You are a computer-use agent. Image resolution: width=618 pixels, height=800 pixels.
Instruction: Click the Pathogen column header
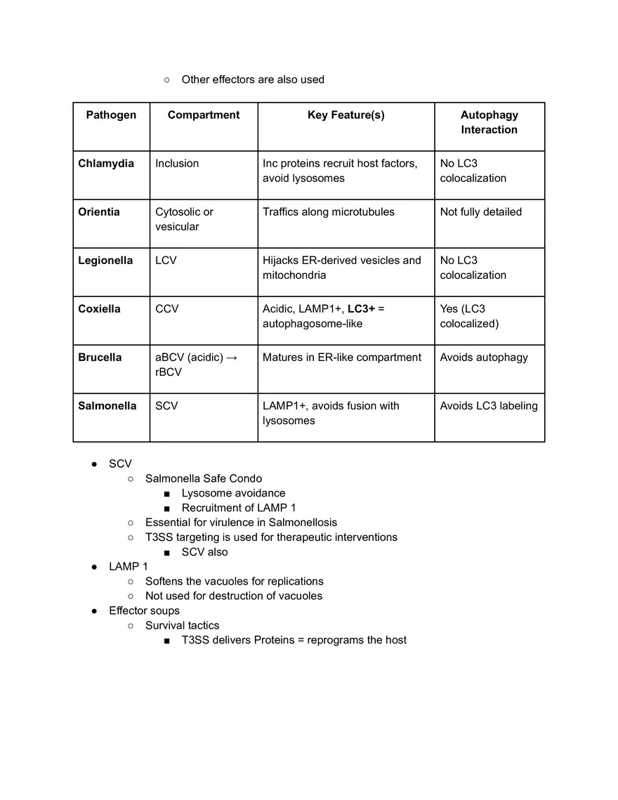111,115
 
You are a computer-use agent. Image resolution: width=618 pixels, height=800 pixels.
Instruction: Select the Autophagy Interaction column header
489,122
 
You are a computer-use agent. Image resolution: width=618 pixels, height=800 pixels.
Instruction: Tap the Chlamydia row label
106,164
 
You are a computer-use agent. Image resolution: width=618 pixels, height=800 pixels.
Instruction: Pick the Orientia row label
99,212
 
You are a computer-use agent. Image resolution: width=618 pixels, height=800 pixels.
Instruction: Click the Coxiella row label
99,309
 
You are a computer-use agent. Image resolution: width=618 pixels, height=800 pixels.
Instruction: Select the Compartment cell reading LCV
166,261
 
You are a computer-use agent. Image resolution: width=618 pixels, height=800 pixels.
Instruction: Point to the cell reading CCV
167,309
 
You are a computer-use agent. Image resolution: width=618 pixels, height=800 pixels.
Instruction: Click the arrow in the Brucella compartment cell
232,358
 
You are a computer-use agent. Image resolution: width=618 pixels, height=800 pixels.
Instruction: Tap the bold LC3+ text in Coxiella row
361,309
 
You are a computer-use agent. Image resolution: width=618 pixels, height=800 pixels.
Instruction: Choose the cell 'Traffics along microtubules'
329,212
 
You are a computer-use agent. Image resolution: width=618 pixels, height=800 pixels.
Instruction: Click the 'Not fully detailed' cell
480,212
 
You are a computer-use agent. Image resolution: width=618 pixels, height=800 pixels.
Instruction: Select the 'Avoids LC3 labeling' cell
489,406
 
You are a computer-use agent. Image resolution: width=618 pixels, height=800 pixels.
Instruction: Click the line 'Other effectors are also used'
253,79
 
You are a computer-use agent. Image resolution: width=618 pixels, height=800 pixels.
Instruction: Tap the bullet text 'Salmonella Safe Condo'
204,478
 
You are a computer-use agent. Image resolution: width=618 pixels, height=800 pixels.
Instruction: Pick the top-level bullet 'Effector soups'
144,611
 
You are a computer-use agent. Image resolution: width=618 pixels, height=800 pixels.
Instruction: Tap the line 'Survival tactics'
182,626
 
